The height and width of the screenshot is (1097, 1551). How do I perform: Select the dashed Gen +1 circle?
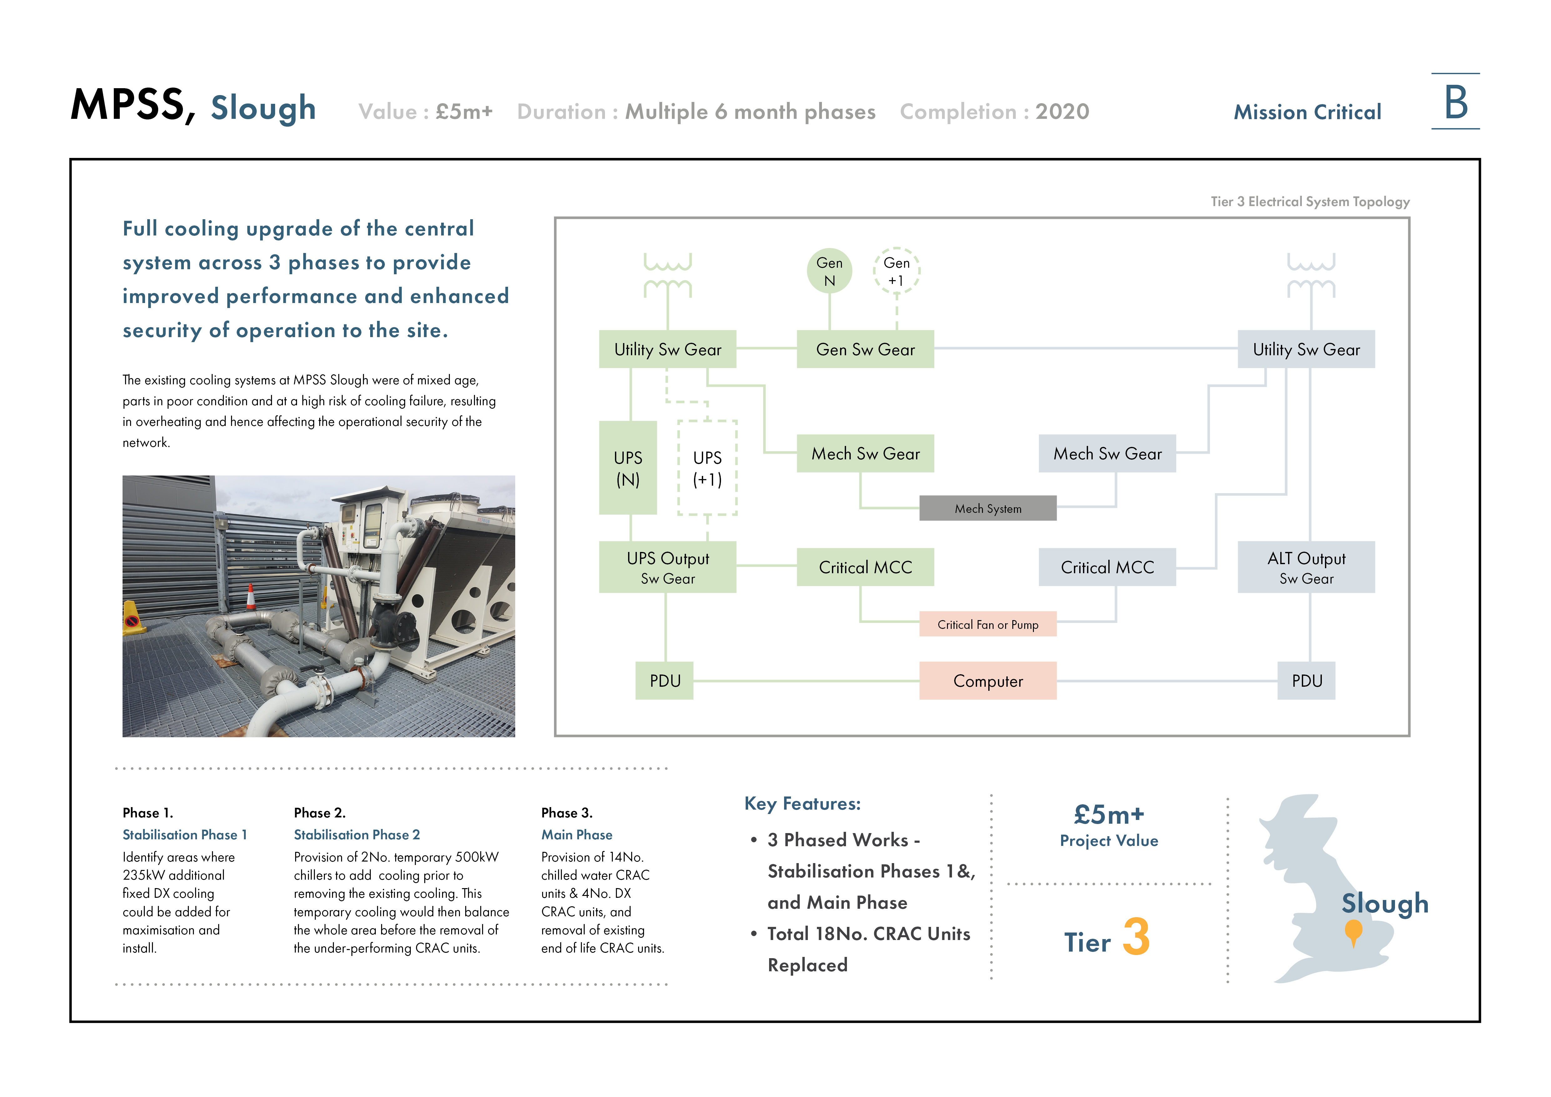[x=896, y=271]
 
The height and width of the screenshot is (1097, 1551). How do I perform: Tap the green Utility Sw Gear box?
[x=667, y=349]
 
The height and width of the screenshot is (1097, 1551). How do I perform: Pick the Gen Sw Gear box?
[x=865, y=349]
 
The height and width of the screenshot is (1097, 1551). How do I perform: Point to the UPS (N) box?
[x=627, y=468]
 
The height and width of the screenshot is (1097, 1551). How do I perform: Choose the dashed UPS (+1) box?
[x=707, y=468]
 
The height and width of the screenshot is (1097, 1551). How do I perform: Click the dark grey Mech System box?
[x=988, y=508]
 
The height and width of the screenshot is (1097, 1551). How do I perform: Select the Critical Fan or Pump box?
[x=988, y=624]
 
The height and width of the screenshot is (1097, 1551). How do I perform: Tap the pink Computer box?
[x=988, y=681]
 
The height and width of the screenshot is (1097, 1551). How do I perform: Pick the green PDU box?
[x=665, y=681]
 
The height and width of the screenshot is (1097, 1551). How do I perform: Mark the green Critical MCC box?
[x=865, y=567]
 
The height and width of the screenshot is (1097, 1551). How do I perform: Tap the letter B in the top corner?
[x=1456, y=103]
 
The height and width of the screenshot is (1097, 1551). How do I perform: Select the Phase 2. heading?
[x=320, y=813]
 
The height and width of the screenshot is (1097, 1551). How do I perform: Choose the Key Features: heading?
[x=803, y=804]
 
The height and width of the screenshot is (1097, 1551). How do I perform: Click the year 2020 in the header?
[x=1063, y=111]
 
